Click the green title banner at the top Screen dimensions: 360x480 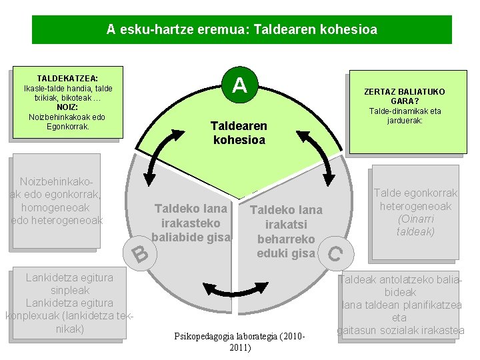pyautogui.click(x=241, y=30)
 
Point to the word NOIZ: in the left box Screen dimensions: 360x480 pyautogui.click(x=67, y=107)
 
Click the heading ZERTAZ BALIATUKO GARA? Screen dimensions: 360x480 pyautogui.click(x=404, y=96)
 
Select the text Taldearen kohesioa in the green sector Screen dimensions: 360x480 pyautogui.click(x=239, y=133)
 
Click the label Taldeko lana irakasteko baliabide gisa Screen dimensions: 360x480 pyautogui.click(x=191, y=223)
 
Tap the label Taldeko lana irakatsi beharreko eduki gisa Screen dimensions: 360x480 pyautogui.click(x=286, y=231)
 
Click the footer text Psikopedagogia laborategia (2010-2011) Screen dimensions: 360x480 pyautogui.click(x=239, y=341)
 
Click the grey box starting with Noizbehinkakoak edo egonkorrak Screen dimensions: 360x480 pyautogui.click(x=57, y=201)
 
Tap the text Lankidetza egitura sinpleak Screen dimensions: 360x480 pyautogui.click(x=69, y=284)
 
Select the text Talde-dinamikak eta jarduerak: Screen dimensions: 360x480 pyautogui.click(x=405, y=116)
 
